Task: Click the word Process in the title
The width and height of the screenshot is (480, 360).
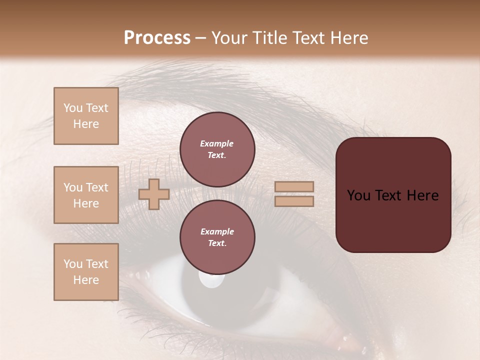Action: tap(157, 38)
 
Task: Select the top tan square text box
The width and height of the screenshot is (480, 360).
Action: tap(86, 116)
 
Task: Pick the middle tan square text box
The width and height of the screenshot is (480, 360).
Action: tap(86, 195)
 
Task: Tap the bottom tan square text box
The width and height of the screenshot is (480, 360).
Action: tap(86, 272)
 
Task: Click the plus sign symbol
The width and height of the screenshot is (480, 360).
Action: tap(154, 194)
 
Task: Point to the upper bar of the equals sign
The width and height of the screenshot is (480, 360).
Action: tap(294, 187)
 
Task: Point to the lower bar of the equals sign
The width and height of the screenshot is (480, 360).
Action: tap(294, 201)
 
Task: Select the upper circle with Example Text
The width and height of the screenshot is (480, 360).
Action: tap(217, 149)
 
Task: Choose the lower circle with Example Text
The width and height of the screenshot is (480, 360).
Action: tap(217, 237)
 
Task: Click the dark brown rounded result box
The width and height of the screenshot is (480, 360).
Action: tap(393, 194)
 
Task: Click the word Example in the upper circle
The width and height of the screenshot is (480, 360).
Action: tap(217, 143)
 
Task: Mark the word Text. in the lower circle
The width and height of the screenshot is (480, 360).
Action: tap(217, 243)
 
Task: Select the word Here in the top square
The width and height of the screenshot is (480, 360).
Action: tap(86, 124)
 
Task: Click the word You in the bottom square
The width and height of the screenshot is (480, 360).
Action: tap(73, 264)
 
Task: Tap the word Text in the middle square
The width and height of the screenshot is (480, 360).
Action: tap(97, 187)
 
